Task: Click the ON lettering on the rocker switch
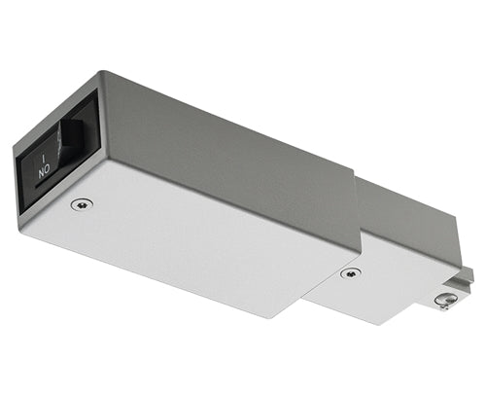[45, 169]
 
